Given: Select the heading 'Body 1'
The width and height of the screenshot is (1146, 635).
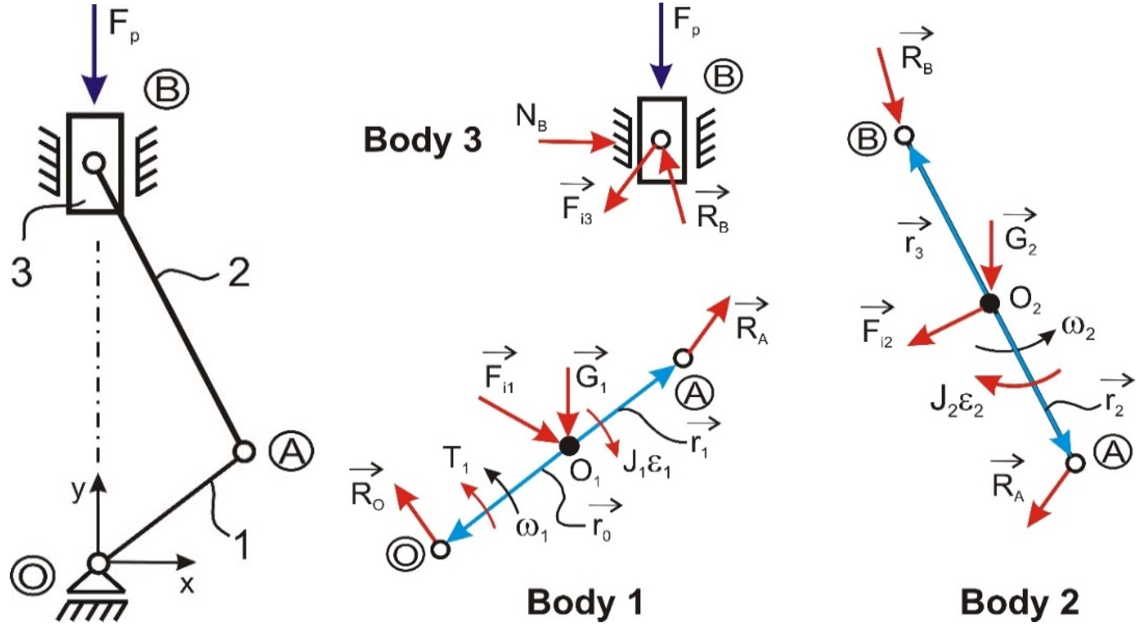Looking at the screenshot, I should tap(585, 604).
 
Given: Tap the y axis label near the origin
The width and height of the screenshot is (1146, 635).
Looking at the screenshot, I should tap(78, 491).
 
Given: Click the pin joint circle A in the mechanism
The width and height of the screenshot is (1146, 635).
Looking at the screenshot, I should tap(244, 452).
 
